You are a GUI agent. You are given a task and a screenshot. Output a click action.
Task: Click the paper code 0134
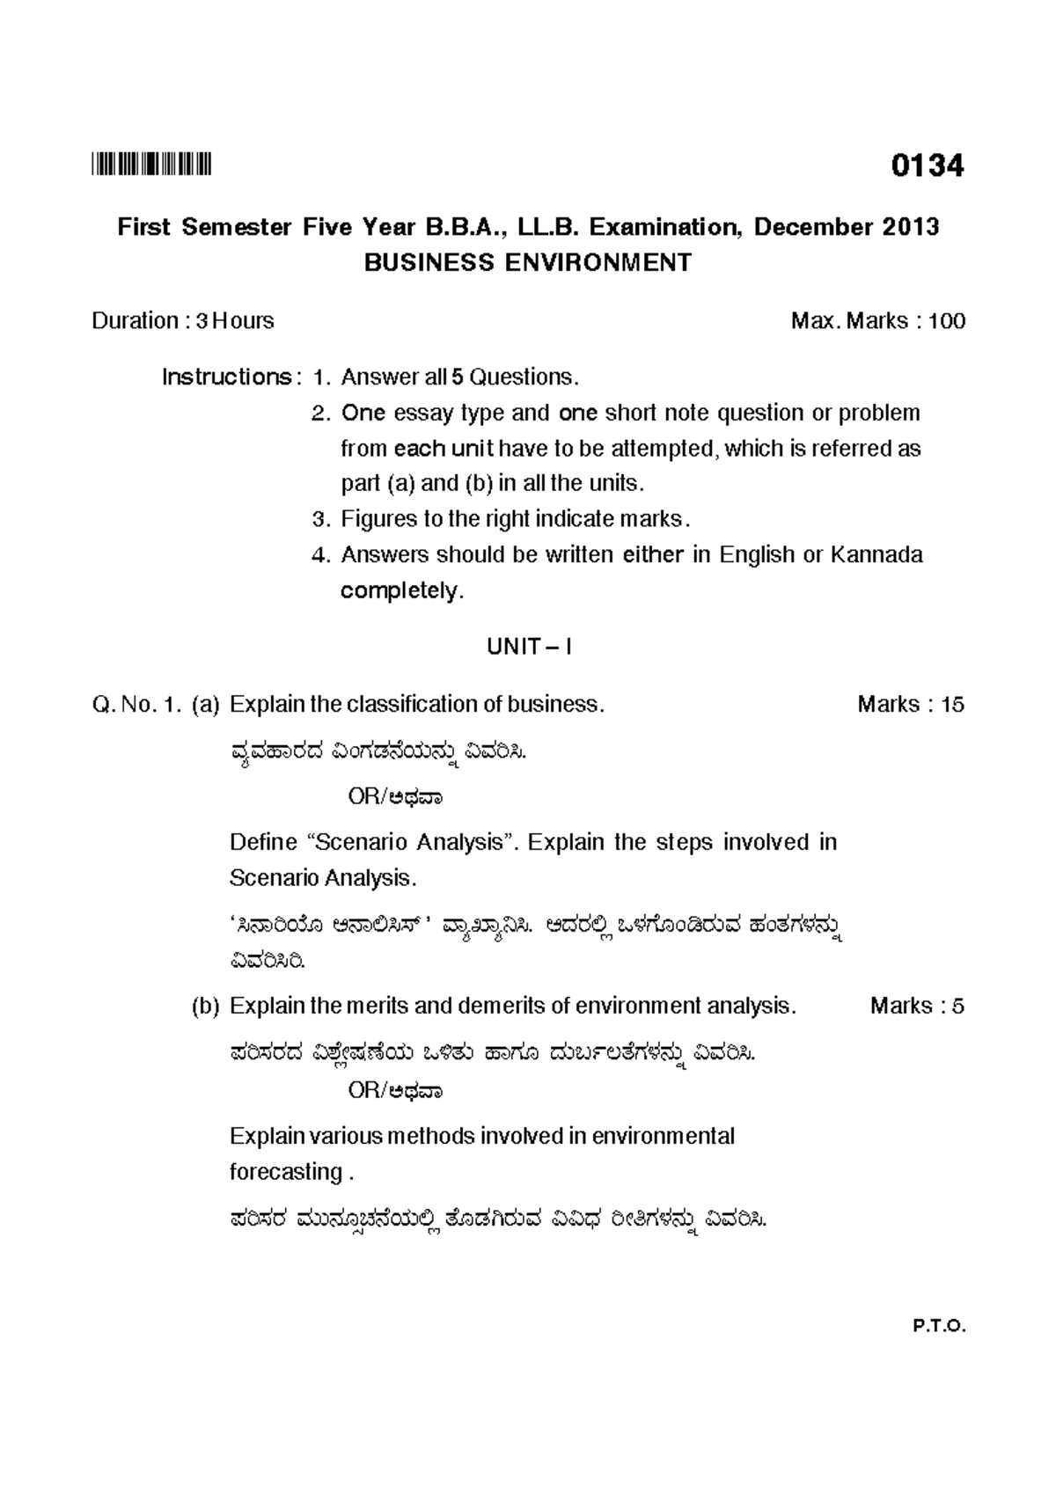click(927, 165)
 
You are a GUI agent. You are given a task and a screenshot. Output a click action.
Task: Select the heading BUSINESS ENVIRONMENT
click(528, 263)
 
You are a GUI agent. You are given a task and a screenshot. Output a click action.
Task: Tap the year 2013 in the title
click(908, 227)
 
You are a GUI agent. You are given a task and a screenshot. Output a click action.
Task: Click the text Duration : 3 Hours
click(182, 321)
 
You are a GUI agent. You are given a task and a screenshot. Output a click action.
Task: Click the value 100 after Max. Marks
click(947, 321)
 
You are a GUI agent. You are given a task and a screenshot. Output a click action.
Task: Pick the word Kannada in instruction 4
click(876, 555)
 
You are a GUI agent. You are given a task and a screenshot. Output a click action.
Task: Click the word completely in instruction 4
click(400, 590)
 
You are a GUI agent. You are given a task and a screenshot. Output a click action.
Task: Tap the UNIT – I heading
click(529, 648)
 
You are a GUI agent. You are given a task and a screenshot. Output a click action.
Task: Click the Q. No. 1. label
click(136, 705)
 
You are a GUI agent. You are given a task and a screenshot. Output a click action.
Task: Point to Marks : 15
click(910, 705)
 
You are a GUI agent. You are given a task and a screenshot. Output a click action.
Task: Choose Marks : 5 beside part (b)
click(916, 1006)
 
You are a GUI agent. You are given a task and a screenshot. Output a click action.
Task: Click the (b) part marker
click(205, 1006)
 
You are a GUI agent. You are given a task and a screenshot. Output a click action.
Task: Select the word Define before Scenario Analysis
click(263, 843)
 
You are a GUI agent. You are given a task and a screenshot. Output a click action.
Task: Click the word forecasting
click(286, 1172)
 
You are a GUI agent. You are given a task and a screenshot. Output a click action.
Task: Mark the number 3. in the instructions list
click(320, 519)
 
